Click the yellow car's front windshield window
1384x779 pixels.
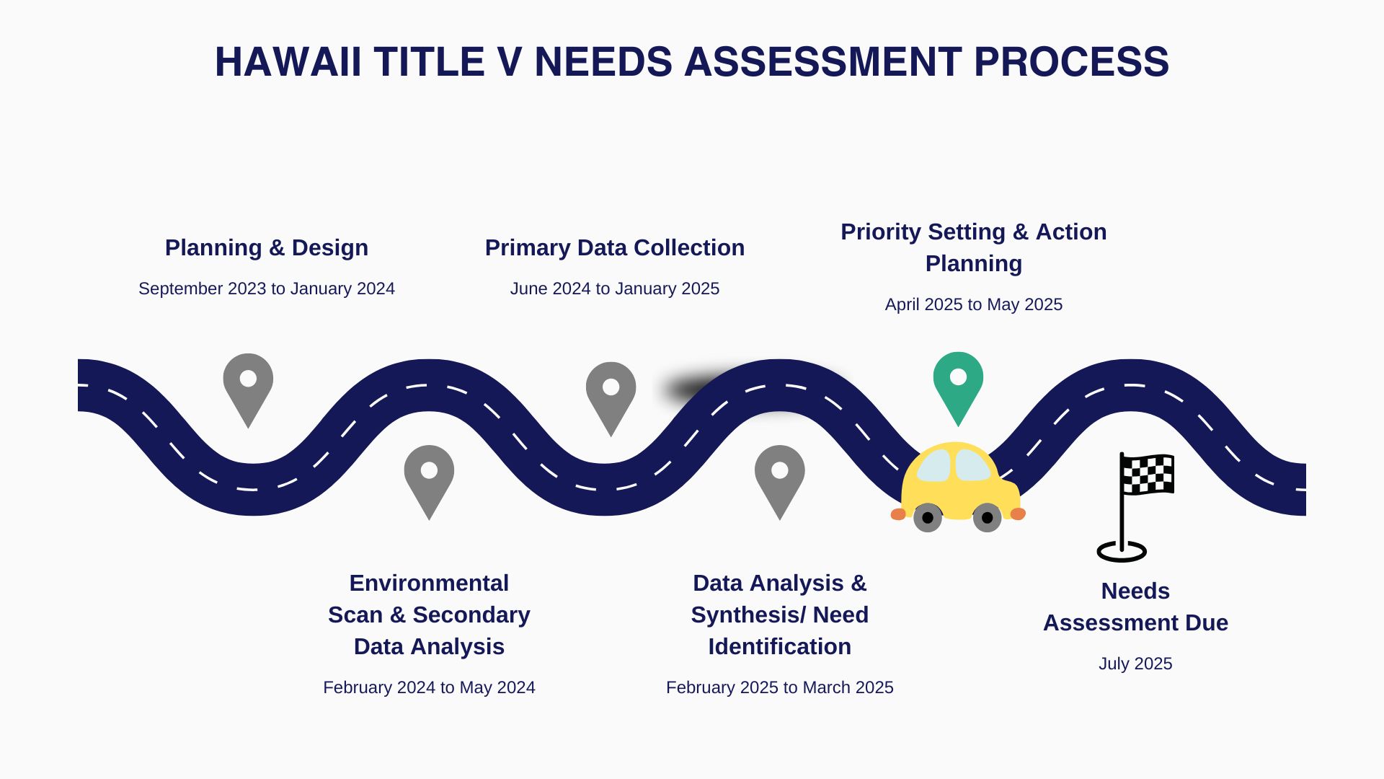point(973,465)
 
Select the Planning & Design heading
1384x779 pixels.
point(267,247)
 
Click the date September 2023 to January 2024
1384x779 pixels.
point(267,289)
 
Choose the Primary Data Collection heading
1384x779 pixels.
point(615,247)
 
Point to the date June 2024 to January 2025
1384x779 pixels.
point(615,289)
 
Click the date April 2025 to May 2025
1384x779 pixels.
point(974,304)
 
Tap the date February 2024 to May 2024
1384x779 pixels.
point(429,687)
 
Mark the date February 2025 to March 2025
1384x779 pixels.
point(780,687)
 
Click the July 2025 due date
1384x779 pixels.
point(1135,664)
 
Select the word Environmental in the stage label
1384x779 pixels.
point(429,583)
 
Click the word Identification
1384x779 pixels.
point(780,646)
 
